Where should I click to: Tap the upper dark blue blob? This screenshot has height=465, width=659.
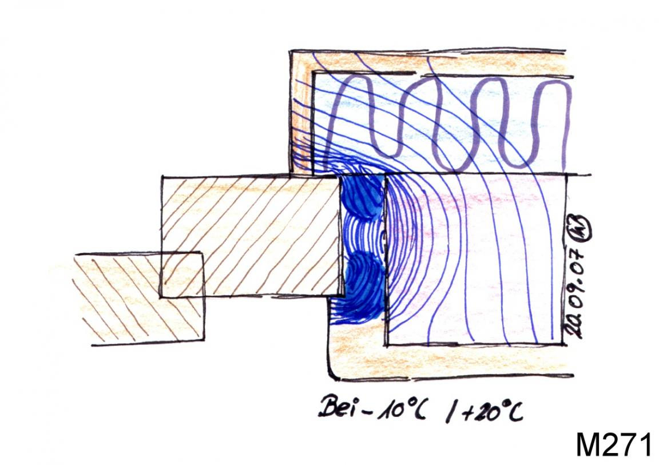click(362, 197)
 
